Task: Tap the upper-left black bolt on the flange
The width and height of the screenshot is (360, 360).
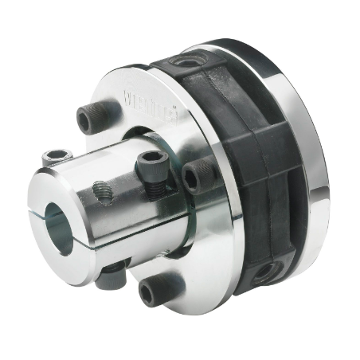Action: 90,119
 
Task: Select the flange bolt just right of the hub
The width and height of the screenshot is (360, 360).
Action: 198,174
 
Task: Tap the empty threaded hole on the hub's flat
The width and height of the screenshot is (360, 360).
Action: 101,190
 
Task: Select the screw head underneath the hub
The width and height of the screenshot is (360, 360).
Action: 114,279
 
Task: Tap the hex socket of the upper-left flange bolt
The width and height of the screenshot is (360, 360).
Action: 88,119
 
